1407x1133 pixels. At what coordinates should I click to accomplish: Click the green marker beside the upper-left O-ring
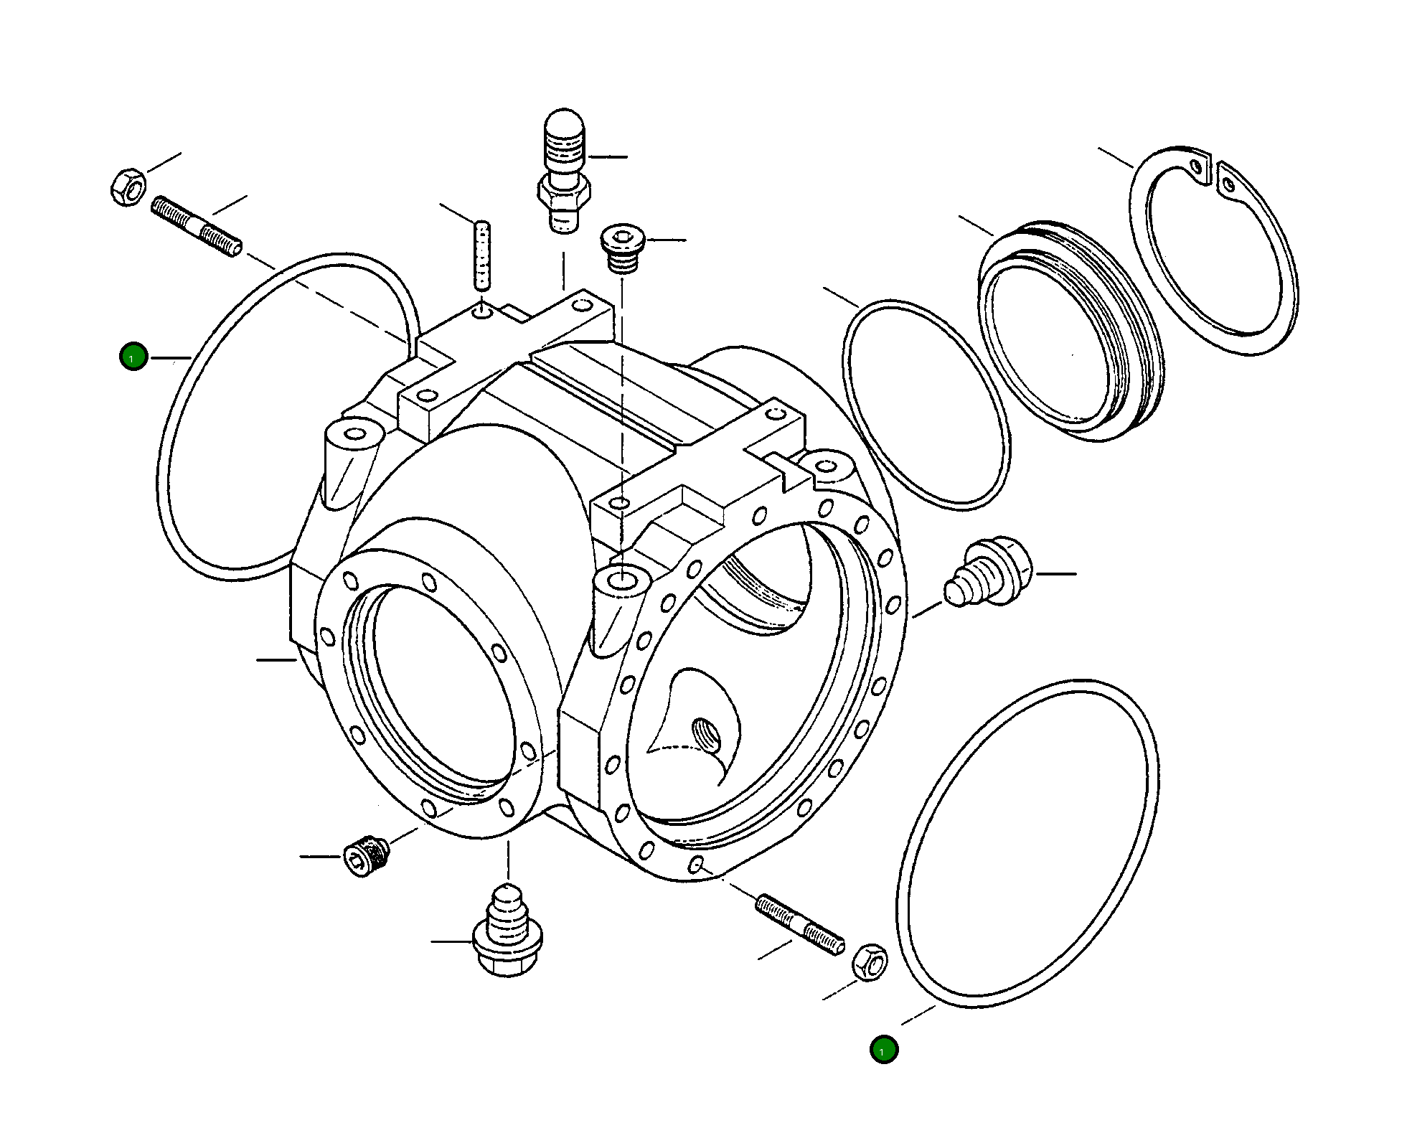pyautogui.click(x=133, y=357)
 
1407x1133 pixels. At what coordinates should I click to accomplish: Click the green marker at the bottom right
pyautogui.click(x=883, y=1050)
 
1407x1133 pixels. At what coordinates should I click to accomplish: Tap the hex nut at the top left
pyautogui.click(x=128, y=187)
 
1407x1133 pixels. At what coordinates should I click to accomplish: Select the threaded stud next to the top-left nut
pyautogui.click(x=197, y=227)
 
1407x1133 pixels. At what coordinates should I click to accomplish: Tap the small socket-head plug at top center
pyautogui.click(x=623, y=248)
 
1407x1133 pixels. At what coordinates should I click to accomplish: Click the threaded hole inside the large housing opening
pyautogui.click(x=705, y=733)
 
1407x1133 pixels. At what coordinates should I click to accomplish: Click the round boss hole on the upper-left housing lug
pyautogui.click(x=354, y=434)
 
